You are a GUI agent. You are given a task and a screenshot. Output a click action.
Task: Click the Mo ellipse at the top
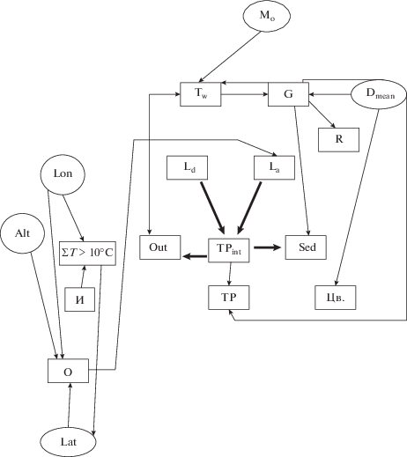coord(267,16)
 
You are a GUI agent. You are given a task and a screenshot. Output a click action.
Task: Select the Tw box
coord(201,94)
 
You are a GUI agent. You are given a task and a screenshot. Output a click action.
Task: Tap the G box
coord(288,94)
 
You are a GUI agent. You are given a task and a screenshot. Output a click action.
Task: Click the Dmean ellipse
coord(379,94)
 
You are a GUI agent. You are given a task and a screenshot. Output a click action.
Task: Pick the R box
coord(338,140)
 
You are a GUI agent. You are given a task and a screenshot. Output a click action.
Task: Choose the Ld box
coord(188,167)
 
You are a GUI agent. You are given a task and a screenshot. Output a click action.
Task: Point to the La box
coord(274,167)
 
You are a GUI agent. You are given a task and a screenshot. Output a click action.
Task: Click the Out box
coord(160,247)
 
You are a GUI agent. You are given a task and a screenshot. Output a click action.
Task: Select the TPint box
coord(229,250)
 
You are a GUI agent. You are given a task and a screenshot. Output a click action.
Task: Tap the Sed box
coord(306,247)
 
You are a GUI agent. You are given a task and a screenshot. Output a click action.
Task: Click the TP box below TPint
coord(229,298)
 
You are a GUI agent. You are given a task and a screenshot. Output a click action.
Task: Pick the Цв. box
coord(336,298)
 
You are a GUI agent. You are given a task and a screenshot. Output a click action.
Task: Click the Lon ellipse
coord(63,174)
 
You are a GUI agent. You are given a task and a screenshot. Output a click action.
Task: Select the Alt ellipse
coord(23,233)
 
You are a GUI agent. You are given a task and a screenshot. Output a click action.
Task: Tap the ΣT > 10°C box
coord(87,254)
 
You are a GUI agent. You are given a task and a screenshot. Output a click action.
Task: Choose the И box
coord(80,299)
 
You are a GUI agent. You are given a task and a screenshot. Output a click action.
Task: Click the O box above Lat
coord(68,371)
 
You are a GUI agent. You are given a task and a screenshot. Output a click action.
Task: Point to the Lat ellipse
coord(68,442)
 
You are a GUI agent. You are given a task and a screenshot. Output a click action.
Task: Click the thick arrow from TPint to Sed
coord(267,247)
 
